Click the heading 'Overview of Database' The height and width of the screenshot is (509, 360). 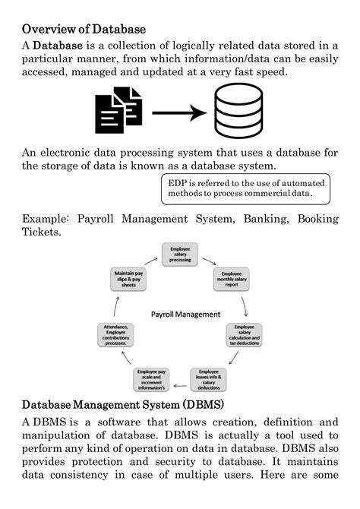(x=84, y=30)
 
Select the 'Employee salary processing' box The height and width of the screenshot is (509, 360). (x=180, y=254)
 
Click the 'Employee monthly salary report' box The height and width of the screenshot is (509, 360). (x=231, y=279)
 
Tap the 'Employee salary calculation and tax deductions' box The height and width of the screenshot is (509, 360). (x=244, y=335)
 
